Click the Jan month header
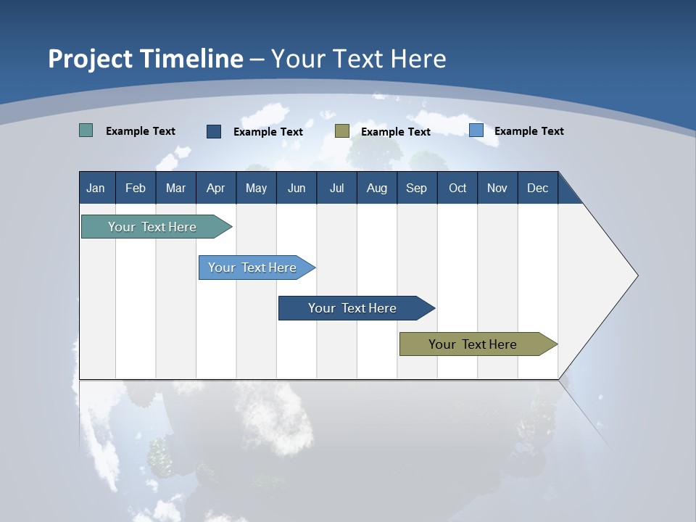coord(96,188)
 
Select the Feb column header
coord(136,188)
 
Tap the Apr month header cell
coord(215,188)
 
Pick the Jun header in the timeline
coord(297,188)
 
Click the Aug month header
coord(376,188)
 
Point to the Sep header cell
coord(416,188)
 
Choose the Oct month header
coord(457,188)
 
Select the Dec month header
coord(537,188)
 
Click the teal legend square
coord(86,130)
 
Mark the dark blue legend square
coord(214,131)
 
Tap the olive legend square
coord(342,130)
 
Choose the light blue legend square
coord(476,130)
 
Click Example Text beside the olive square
coord(395,132)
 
